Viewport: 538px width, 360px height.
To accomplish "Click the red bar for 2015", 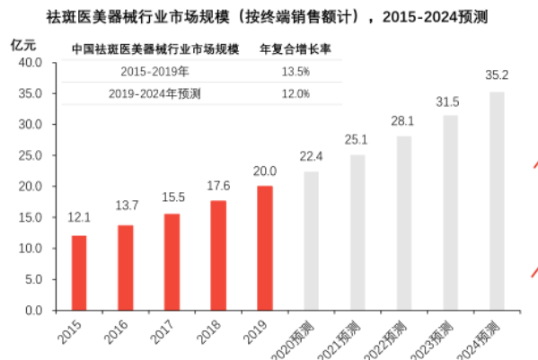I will (79, 273).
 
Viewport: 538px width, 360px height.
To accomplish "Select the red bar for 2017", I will (172, 262).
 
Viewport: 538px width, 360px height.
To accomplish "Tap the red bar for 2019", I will (264, 248).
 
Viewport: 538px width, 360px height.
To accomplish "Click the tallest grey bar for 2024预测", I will (497, 201).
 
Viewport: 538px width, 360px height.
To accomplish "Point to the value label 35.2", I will (497, 75).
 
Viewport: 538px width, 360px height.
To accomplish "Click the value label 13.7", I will (126, 207).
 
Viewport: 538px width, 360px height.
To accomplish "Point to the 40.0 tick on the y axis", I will (31, 63).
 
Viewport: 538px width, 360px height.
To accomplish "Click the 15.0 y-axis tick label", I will (31, 217).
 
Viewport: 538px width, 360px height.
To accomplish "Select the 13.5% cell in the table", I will (296, 70).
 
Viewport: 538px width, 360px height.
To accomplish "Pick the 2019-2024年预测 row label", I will (154, 92).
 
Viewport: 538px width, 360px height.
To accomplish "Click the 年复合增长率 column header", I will (295, 48).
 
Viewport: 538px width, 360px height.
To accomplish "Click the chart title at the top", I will (269, 16).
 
